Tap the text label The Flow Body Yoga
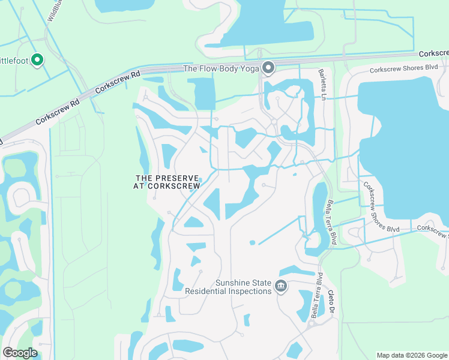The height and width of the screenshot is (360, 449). click(221, 68)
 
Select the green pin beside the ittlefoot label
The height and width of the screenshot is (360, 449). click(37, 59)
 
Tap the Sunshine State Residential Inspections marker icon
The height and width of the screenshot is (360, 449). click(280, 287)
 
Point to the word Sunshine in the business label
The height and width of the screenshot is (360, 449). click(234, 283)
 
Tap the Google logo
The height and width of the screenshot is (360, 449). click(20, 353)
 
